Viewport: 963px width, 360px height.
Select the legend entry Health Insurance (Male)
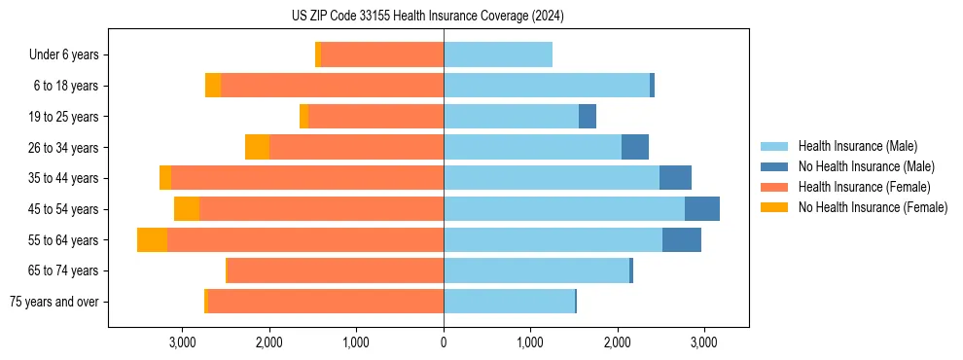tap(857, 146)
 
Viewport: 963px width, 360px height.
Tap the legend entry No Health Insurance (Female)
tap(873, 207)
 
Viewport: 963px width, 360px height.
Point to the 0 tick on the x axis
tap(444, 342)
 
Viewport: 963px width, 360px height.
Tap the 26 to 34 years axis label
tap(64, 148)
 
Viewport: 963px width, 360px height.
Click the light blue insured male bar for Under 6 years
tap(498, 55)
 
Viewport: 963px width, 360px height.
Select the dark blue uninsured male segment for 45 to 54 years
tap(702, 209)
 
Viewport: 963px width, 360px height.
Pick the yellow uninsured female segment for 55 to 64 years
tap(152, 240)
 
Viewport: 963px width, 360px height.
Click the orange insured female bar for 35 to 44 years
tap(307, 178)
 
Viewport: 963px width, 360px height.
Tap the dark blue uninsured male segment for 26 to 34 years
tap(635, 148)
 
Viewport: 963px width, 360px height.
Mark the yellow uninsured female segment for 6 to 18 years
tap(213, 86)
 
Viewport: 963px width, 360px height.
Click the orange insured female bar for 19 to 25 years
tap(375, 117)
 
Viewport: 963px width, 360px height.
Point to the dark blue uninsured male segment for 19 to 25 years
tap(588, 117)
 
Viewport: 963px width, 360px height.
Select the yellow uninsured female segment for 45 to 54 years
tap(187, 209)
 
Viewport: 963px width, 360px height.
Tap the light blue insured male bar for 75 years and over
tap(509, 302)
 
